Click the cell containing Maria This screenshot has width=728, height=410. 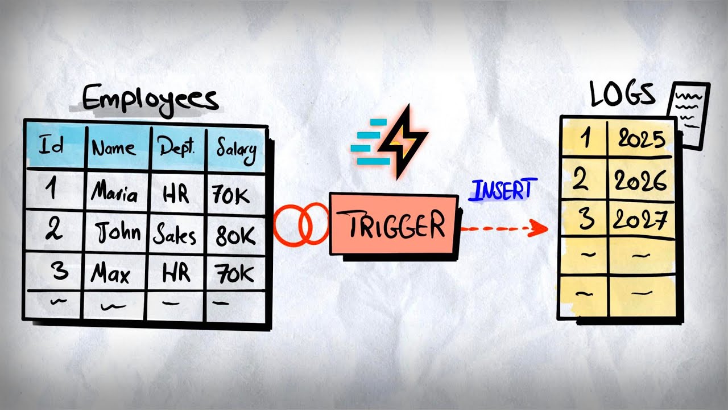click(x=115, y=193)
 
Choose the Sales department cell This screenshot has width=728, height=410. click(x=176, y=234)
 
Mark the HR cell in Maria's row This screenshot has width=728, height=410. click(x=176, y=194)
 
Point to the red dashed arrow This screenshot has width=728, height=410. click(x=503, y=229)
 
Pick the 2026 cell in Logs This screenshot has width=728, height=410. click(x=640, y=181)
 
